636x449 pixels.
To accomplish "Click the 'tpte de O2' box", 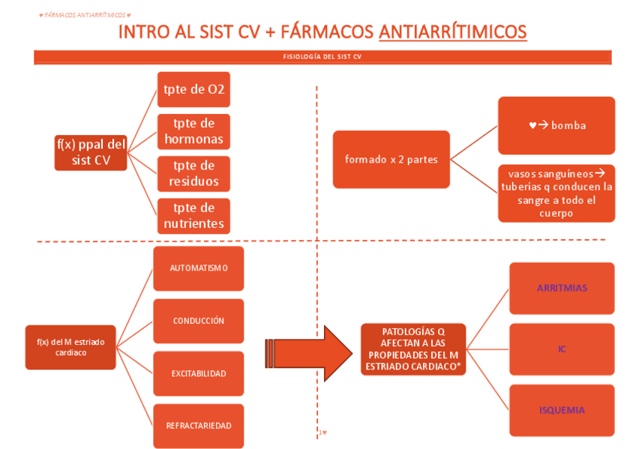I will pos(193,90).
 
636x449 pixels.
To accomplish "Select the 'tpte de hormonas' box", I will pos(193,132).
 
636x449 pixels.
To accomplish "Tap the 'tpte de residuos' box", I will pos(193,174).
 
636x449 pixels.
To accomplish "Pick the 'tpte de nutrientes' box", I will pos(193,216).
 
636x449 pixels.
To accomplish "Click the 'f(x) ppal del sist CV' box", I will pos(91,152).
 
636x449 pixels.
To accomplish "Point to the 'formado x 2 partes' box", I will pos(391,159).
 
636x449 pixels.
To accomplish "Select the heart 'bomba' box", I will pos(556,125).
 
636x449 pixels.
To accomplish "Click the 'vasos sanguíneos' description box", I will pos(556,193).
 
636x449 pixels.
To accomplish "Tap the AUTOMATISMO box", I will pos(199,268).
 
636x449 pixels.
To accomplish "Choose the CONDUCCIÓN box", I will pos(199,321).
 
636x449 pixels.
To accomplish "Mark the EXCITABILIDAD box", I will pos(199,373).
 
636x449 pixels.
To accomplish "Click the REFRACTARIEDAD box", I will pos(199,426).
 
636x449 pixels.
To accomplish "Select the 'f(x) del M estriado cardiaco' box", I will pos(70,347).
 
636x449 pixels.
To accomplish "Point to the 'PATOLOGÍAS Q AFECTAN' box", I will pos(413,349).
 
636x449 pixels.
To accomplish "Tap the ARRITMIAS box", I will pos(562,288).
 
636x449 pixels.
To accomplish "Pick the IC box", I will pos(562,349).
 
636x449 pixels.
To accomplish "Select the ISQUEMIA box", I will pos(562,410).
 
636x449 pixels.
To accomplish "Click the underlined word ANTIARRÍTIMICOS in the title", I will pos(452,31).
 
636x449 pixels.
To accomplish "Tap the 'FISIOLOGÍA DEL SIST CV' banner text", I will pos(322,57).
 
